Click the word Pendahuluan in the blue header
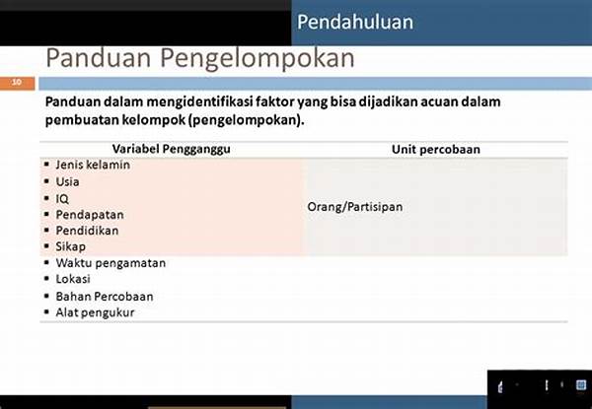[x=355, y=22]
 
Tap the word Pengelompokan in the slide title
[x=258, y=59]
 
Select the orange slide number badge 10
[x=18, y=83]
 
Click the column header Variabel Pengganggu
[x=171, y=149]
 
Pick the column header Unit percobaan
[x=436, y=149]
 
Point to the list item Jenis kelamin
[x=93, y=165]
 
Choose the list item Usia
[x=67, y=181]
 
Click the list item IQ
[x=62, y=199]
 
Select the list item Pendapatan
[x=90, y=215]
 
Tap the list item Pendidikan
[x=87, y=231]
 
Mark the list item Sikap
[x=71, y=247]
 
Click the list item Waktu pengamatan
[x=111, y=263]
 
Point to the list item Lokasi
[x=73, y=279]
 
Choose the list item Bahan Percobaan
[x=105, y=297]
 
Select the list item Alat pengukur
[x=95, y=312]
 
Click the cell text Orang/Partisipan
[x=355, y=207]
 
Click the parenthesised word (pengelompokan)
[x=246, y=120]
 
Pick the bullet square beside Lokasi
[x=46, y=279]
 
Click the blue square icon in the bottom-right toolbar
[x=581, y=385]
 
